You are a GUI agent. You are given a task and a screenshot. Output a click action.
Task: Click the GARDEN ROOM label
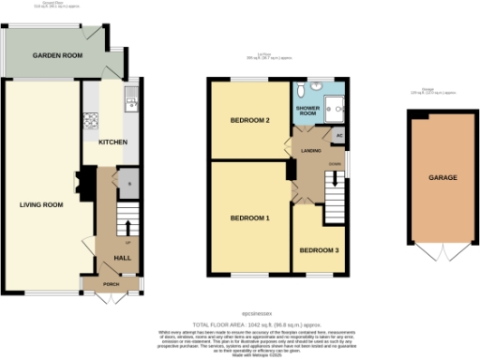[x=58, y=56]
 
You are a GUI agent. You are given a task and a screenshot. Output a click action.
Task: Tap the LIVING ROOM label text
[x=42, y=204]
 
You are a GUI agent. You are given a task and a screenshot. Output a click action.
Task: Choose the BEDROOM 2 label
[x=250, y=120]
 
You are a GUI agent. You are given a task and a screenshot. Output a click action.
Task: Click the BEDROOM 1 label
[x=250, y=218]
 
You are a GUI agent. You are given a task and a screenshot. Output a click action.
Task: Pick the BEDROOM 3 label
[x=318, y=250]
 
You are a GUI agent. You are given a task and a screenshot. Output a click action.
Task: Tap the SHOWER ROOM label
[x=310, y=112]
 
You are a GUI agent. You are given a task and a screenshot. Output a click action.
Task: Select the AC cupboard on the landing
[x=339, y=134]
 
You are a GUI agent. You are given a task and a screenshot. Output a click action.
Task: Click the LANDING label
[x=312, y=150]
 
